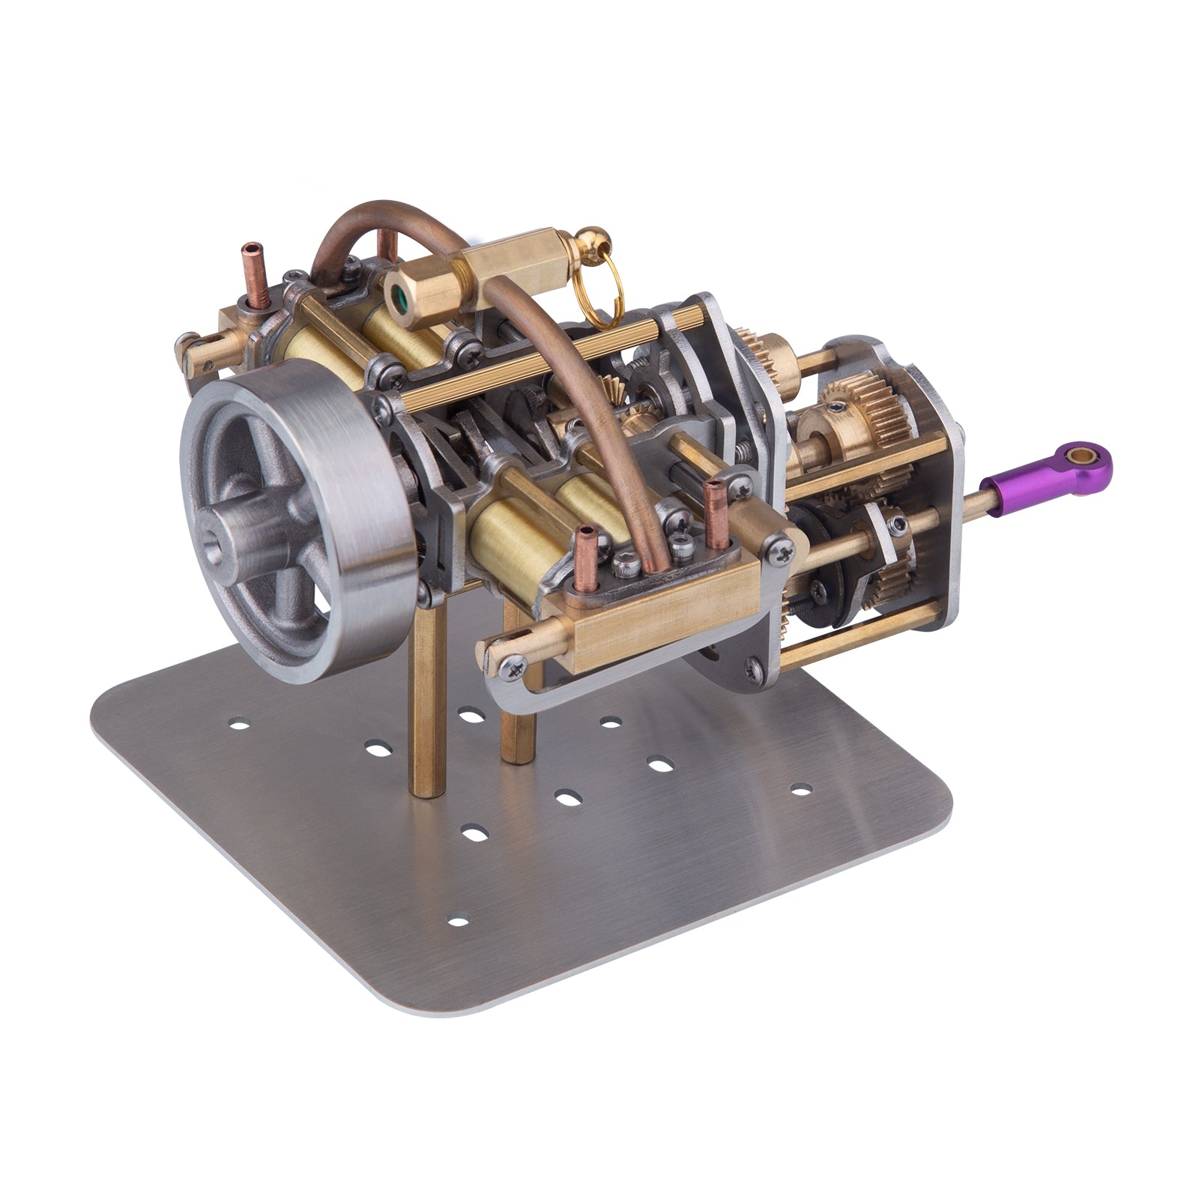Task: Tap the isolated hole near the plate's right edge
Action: click(801, 789)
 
